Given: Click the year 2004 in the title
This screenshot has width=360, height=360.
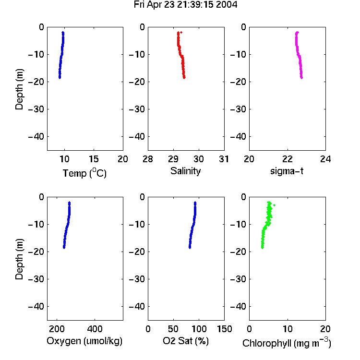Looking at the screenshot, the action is point(227,5).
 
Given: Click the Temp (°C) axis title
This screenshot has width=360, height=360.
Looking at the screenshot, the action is point(84,173).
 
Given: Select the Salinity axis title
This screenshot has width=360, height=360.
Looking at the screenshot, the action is point(185,171).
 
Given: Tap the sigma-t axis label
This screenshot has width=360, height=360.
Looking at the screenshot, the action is point(287,171).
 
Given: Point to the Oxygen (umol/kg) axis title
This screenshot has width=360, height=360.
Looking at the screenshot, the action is point(84,341).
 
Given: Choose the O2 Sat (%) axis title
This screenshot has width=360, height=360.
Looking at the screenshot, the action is point(185,341).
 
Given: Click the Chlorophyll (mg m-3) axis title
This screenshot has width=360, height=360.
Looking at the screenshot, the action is point(287,343).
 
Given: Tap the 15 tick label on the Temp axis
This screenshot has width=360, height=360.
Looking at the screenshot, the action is point(94,159).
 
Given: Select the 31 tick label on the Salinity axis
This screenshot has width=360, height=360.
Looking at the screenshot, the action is point(224,159).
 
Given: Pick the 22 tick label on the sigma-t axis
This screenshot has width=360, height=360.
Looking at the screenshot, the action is point(288,159).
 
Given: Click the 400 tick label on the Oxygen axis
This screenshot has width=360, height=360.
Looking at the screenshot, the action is point(95,329).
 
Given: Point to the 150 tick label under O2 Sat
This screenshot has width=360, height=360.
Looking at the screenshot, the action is point(224,329).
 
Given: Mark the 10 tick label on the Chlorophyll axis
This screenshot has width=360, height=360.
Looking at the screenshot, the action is point(288,329).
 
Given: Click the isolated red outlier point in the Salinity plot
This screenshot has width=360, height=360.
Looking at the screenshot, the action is point(181,32).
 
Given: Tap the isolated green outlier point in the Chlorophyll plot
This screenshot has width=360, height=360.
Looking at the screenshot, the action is point(275,205).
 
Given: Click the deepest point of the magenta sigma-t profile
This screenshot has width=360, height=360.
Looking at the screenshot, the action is point(302,78).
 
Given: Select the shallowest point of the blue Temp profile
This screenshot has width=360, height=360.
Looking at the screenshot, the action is point(63,33).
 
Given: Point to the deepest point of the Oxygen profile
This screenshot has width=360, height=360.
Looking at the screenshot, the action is point(64,248).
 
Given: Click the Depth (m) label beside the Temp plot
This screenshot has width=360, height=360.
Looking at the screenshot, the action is point(19,89).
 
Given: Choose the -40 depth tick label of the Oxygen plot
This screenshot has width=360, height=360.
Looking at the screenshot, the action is point(36,306).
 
